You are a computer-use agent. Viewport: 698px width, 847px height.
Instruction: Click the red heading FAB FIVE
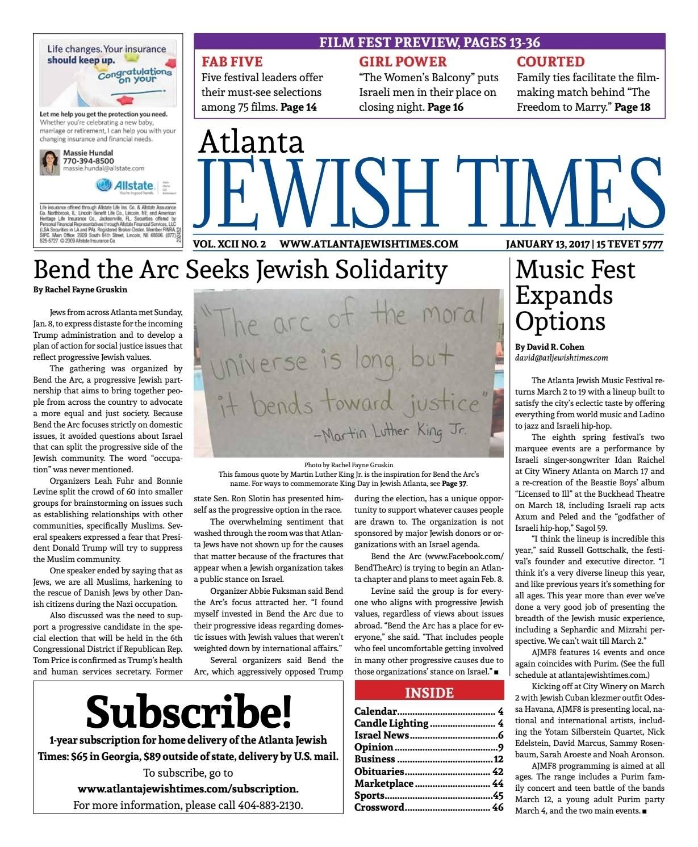(x=232, y=61)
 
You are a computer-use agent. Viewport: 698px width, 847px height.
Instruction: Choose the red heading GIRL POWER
(x=403, y=61)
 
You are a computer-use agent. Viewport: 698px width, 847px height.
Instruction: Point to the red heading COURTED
(x=550, y=61)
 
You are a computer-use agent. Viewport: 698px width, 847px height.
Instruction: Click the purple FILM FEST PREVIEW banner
(x=429, y=42)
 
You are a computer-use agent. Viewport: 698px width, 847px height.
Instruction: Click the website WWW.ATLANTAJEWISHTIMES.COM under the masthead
(x=369, y=244)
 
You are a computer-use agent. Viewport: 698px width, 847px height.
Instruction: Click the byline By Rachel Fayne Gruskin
(x=80, y=290)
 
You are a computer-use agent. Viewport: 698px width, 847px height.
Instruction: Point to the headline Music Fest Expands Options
(x=575, y=295)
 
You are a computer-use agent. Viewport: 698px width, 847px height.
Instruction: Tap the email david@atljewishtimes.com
(x=561, y=358)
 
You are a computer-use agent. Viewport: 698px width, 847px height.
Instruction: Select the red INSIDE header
(x=429, y=693)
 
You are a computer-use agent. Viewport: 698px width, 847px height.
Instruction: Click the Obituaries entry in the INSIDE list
(x=379, y=771)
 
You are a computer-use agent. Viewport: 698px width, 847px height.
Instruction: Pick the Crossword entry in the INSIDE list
(x=379, y=807)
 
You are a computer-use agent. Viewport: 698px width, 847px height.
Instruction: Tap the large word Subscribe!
(x=188, y=711)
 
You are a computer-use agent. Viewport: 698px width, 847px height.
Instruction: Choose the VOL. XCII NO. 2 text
(x=229, y=244)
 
